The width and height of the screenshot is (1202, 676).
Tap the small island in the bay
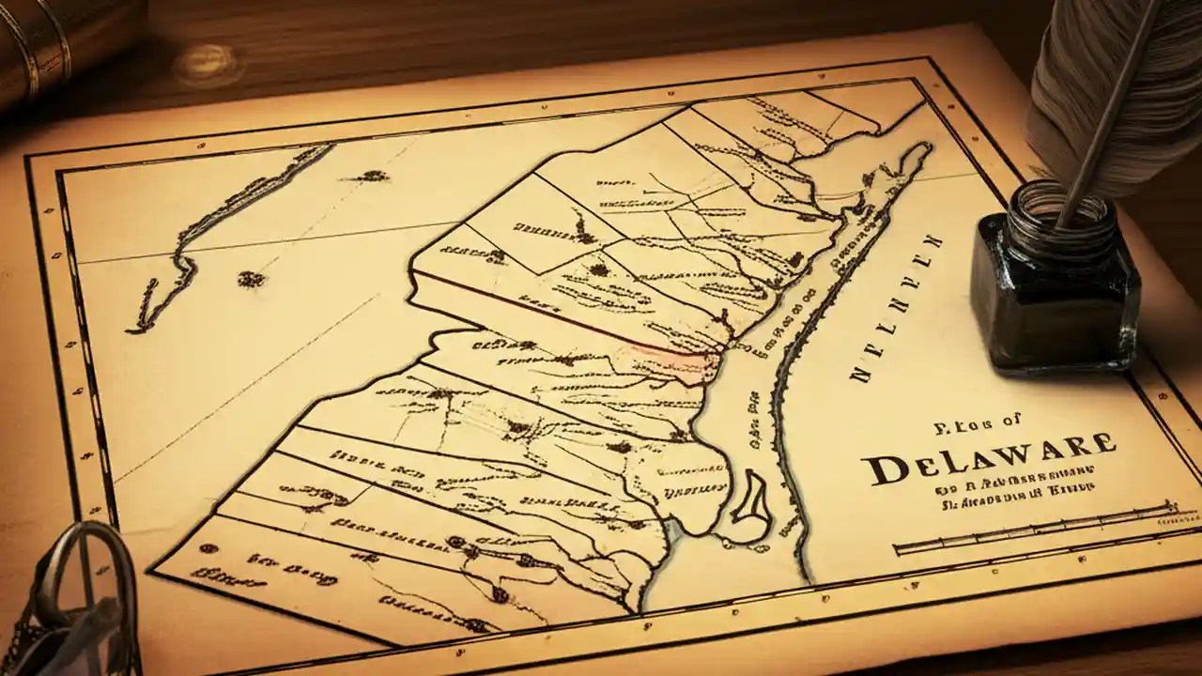tap(751, 498)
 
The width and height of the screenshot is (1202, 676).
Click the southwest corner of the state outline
tap(155, 567)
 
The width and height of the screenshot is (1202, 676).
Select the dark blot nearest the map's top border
tap(374, 176)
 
